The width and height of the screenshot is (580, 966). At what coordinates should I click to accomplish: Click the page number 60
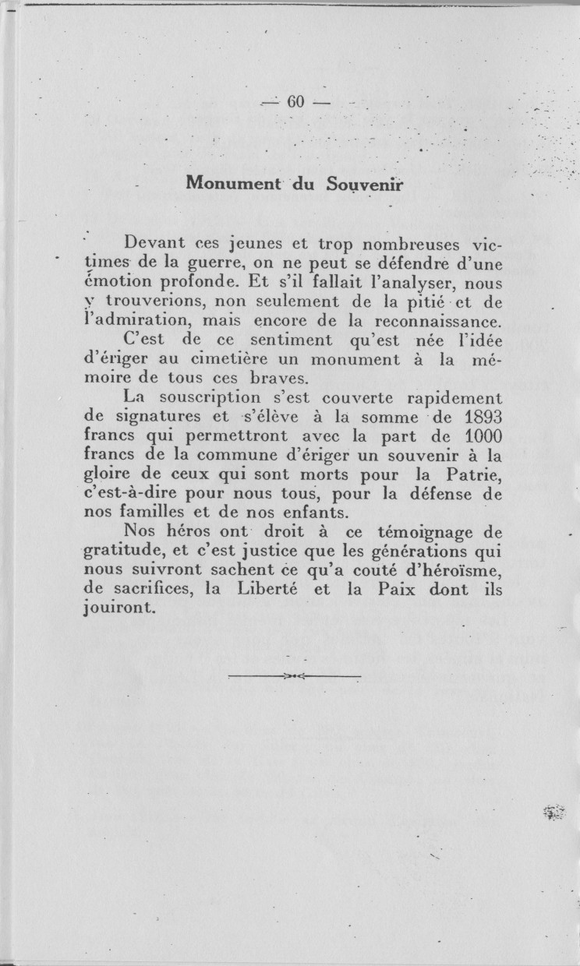pyautogui.click(x=294, y=102)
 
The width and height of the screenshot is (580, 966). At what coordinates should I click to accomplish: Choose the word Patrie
pyautogui.click(x=476, y=474)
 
